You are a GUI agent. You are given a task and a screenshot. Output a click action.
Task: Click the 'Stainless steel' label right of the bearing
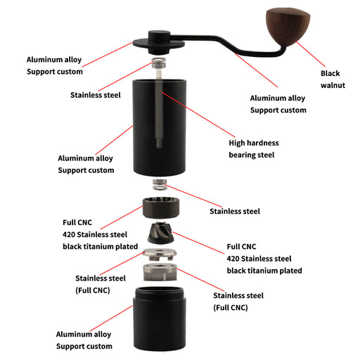tap(235, 211)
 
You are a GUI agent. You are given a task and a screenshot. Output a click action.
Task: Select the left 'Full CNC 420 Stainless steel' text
tap(100, 234)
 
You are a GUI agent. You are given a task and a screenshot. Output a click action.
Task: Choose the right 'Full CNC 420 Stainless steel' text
tap(264, 259)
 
